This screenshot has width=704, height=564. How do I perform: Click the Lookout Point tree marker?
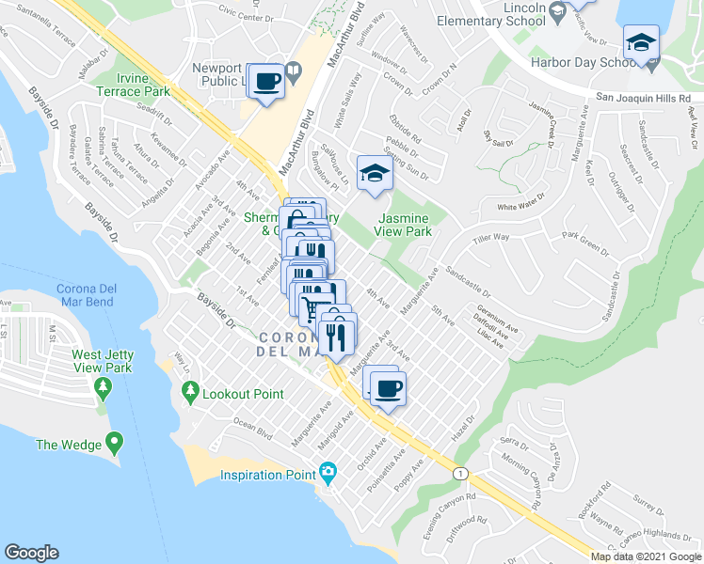point(192,391)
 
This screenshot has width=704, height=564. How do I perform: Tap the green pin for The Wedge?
point(115,439)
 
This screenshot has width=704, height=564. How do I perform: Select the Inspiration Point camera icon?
point(328,472)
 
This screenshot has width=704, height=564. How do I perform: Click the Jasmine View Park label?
point(404,223)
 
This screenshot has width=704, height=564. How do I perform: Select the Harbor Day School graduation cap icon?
point(641,43)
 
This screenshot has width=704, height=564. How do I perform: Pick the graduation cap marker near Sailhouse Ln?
point(375,174)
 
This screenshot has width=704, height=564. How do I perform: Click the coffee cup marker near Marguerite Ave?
point(387,386)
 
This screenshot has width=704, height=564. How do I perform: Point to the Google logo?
point(31,552)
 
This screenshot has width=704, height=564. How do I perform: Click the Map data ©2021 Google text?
point(645,556)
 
